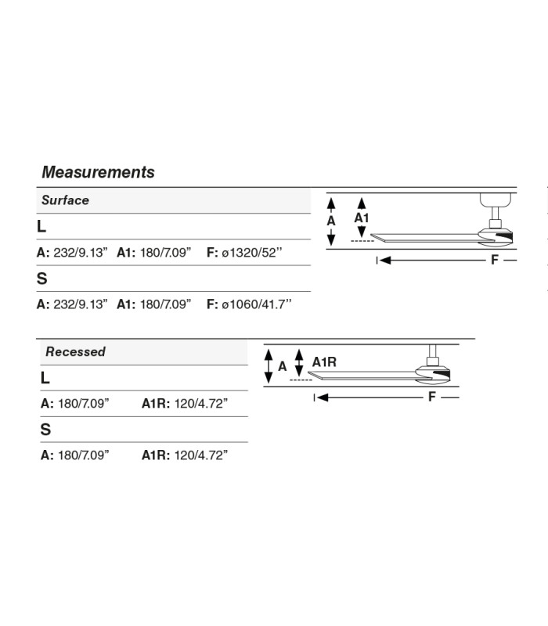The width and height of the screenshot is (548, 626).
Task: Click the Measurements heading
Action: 98,172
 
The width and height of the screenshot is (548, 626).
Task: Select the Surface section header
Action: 65,200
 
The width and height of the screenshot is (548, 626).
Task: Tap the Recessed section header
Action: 75,351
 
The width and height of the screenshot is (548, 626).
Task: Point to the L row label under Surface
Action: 41,227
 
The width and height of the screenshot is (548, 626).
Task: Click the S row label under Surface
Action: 41,279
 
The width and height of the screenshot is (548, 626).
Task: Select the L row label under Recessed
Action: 45,378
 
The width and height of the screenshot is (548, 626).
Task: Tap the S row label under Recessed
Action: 45,430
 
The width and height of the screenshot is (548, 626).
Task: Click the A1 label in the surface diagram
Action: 362,218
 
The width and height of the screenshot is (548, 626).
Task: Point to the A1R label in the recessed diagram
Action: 324,362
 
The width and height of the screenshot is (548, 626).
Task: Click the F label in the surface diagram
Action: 495,261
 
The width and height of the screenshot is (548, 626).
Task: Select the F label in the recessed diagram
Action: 431,398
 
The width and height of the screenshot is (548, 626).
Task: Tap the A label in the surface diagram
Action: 331,221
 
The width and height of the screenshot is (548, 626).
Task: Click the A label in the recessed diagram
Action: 283,366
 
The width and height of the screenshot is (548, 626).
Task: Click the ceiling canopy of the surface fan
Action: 496,200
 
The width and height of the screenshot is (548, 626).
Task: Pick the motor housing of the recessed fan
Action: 433,375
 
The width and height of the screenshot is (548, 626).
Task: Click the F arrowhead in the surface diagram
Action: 385,261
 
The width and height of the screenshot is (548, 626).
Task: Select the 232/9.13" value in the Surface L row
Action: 81,253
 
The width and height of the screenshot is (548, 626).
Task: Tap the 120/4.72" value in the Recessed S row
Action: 201,455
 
